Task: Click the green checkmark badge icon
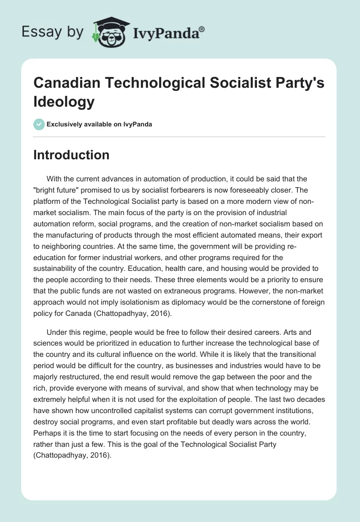pyautogui.click(x=39, y=124)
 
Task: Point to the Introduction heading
pyautogui.click(x=72, y=155)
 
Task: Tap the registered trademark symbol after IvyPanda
pyautogui.click(x=202, y=28)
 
